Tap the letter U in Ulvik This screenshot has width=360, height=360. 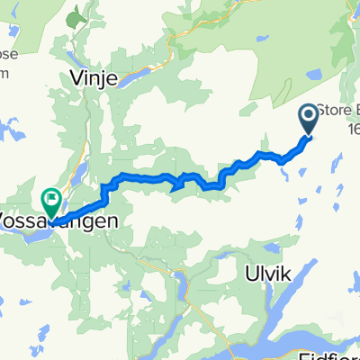click(249, 270)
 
